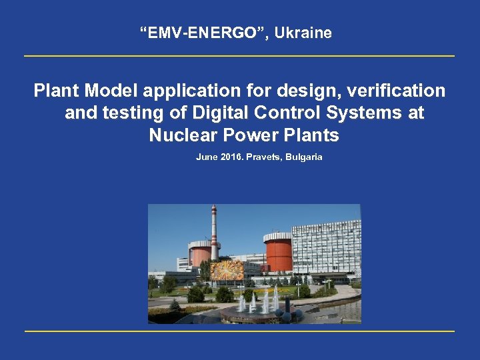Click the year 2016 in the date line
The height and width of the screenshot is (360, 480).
(228, 157)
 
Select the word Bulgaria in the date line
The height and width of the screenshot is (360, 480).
(304, 157)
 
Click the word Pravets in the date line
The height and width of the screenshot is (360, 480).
(262, 157)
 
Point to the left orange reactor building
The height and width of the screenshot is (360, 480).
(199, 253)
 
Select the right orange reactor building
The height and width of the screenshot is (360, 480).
(278, 252)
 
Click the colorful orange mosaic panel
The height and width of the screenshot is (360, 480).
(227, 270)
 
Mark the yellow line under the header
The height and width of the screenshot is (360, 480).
(239, 56)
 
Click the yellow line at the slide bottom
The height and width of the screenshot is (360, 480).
(239, 331)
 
